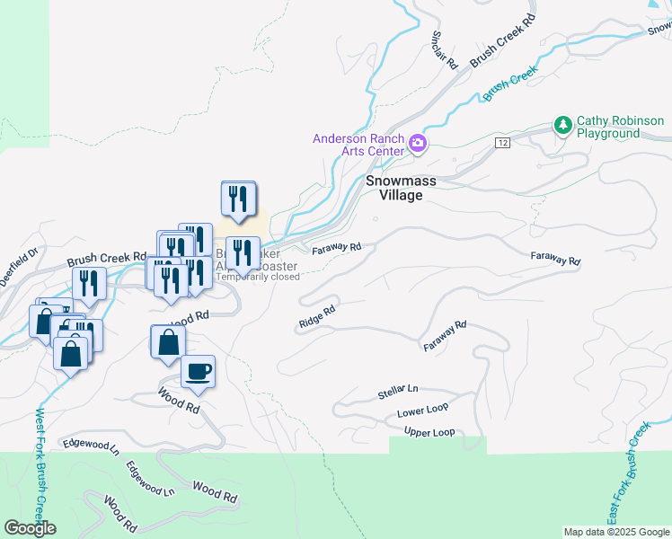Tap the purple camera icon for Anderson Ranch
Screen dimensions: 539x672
(417, 144)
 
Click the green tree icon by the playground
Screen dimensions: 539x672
(563, 125)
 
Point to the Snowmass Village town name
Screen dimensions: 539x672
(400, 188)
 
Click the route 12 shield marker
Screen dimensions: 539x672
(501, 143)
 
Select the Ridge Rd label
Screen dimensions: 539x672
(317, 315)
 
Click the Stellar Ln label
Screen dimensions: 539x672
(398, 392)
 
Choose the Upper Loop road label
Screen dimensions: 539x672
(429, 432)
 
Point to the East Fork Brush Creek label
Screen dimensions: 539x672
(626, 474)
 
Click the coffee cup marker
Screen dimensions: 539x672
(198, 370)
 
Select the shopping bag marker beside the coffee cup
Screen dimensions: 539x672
(168, 342)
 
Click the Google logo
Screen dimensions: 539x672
(30, 528)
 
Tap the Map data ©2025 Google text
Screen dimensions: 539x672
(615, 532)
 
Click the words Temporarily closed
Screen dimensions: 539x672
(258, 277)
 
